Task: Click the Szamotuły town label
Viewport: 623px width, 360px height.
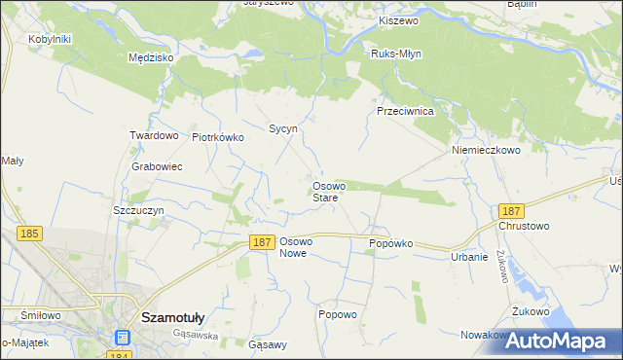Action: pyautogui.click(x=172, y=317)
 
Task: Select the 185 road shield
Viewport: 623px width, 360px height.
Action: pyautogui.click(x=29, y=234)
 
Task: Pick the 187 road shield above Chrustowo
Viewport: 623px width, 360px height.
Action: pyautogui.click(x=510, y=210)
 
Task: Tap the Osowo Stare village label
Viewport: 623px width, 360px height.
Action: pyautogui.click(x=325, y=192)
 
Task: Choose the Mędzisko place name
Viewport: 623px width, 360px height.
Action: pyautogui.click(x=151, y=57)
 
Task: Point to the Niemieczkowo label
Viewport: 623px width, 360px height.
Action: pyautogui.click(x=487, y=151)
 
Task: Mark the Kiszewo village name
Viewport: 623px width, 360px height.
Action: pyautogui.click(x=398, y=20)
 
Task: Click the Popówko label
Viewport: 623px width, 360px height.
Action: pyautogui.click(x=391, y=243)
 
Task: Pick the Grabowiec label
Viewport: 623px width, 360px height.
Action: pyautogui.click(x=157, y=166)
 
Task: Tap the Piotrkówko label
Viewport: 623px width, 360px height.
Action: pyautogui.click(x=218, y=137)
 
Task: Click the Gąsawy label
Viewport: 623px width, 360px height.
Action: pyautogui.click(x=268, y=345)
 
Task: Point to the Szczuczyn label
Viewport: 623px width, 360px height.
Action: pyautogui.click(x=138, y=210)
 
